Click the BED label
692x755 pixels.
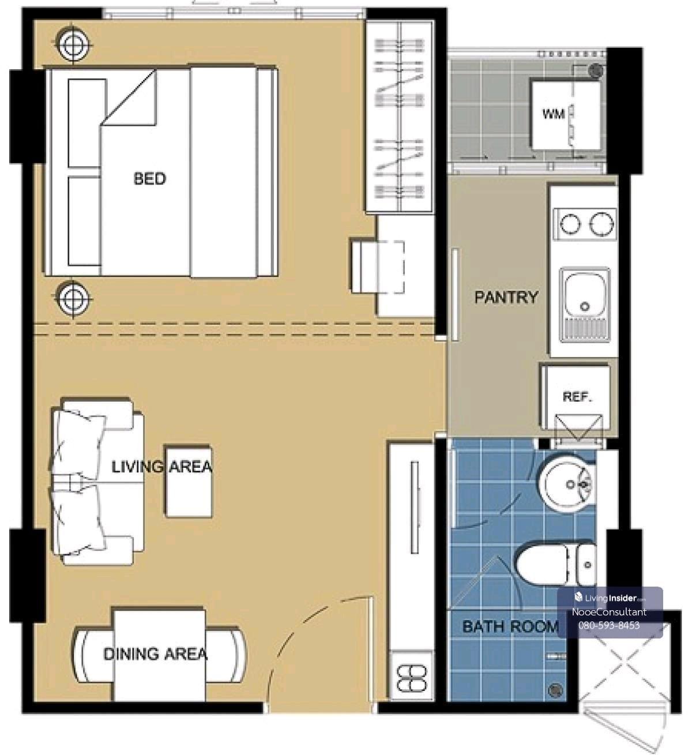(150, 178)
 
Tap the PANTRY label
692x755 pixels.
(506, 298)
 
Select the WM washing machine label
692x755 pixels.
(554, 114)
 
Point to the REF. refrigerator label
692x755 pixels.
(577, 397)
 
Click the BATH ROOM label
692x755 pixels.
(510, 626)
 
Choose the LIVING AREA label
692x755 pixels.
(162, 467)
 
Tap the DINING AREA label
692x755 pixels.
(155, 654)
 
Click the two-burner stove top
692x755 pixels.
(584, 224)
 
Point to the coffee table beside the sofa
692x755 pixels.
(188, 482)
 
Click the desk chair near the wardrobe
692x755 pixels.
(377, 266)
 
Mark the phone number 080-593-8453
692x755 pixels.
(609, 626)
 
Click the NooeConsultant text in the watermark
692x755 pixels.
(609, 612)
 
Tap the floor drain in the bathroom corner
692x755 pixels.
(555, 690)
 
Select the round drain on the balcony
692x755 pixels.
(595, 71)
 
